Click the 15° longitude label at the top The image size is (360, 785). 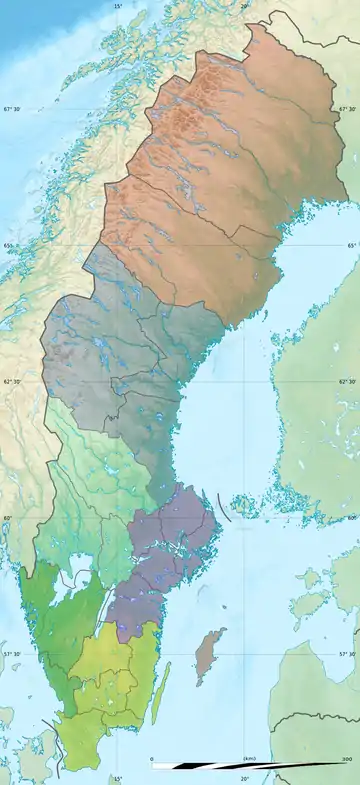(118, 6)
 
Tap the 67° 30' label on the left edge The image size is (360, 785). (11, 109)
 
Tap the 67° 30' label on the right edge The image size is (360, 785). (348, 109)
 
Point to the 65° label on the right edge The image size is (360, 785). (352, 246)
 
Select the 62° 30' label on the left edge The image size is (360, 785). (11, 382)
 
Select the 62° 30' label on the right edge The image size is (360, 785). (348, 382)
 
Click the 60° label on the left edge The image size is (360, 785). (7, 518)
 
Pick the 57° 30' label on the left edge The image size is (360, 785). (11, 654)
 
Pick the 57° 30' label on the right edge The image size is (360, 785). (348, 654)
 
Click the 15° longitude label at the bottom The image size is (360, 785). (117, 779)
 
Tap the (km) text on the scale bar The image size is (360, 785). (249, 759)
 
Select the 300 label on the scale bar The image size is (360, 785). (347, 759)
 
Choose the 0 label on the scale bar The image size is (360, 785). (152, 759)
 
